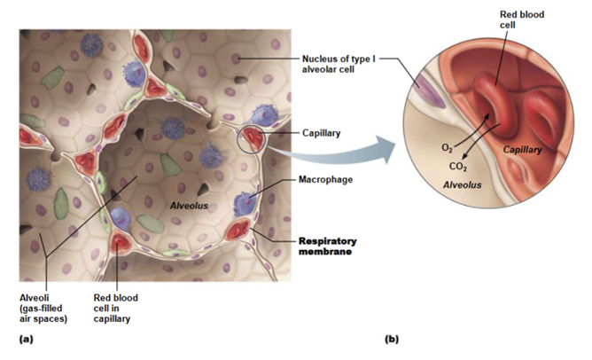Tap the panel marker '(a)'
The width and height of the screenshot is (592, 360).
pyautogui.click(x=26, y=340)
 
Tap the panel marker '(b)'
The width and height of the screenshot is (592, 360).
pyautogui.click(x=393, y=340)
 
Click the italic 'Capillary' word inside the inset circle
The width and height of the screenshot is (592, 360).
pyautogui.click(x=523, y=150)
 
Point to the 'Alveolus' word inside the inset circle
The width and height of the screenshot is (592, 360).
pyautogui.click(x=462, y=186)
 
